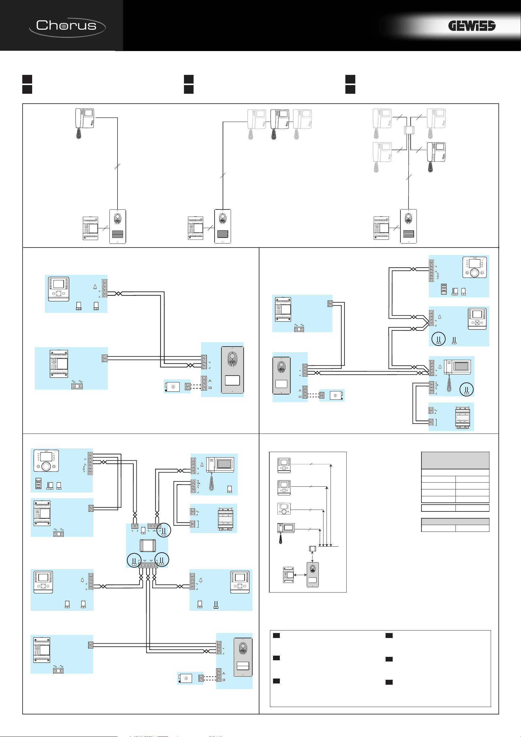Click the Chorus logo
pos(67,26)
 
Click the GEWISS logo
pos(471,26)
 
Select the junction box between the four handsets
pos(408,130)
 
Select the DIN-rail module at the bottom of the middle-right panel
pos(462,417)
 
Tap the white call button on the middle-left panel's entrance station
pos(232,380)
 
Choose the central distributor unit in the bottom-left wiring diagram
pos(147,546)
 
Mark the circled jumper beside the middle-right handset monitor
pos(467,389)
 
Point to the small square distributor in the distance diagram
pos(313,549)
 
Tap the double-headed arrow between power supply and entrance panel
pos(300,575)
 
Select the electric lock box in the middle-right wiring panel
pos(335,395)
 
